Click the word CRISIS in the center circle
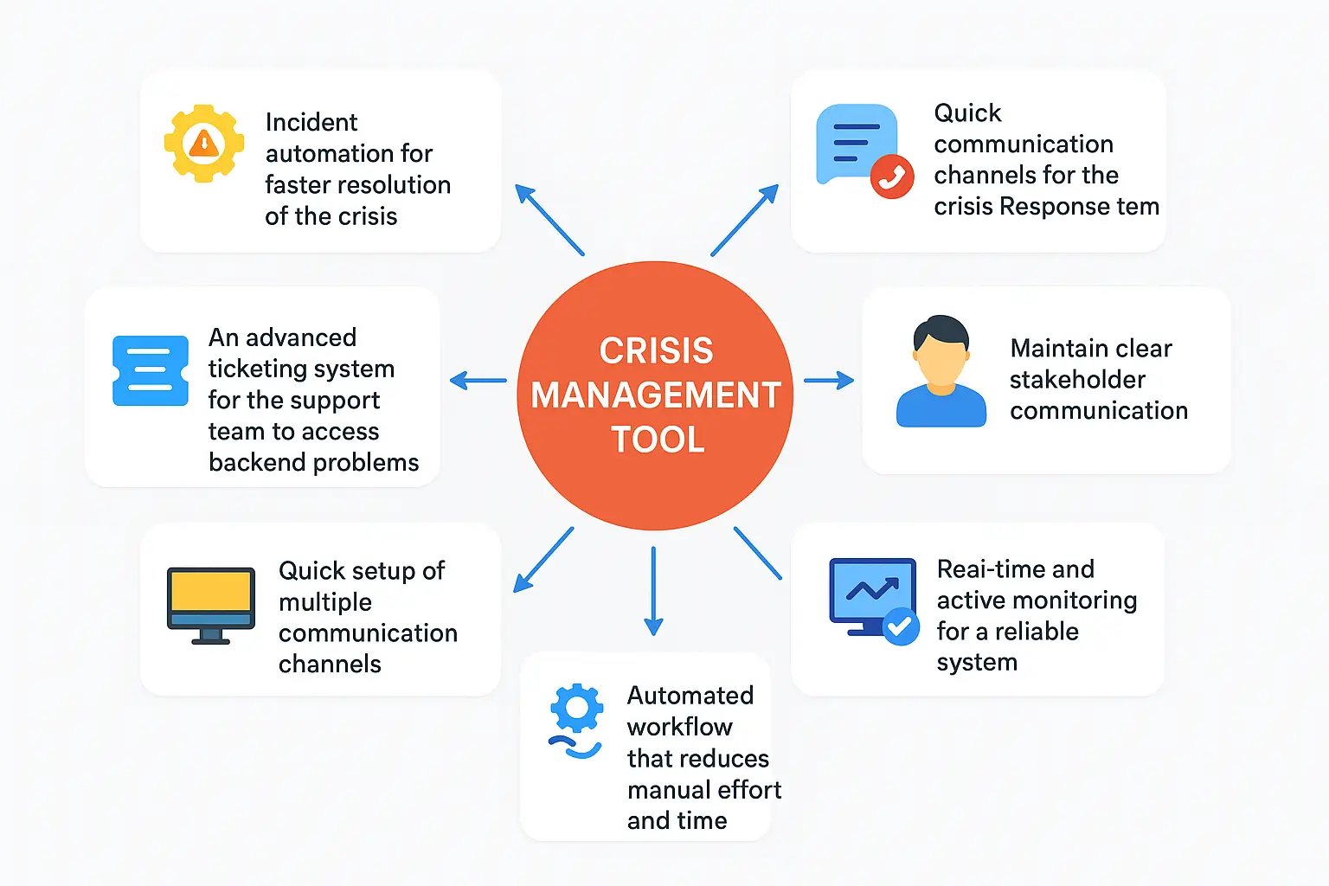click(x=656, y=351)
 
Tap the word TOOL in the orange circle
click(x=658, y=440)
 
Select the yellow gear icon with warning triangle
click(x=204, y=144)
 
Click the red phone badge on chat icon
click(x=891, y=177)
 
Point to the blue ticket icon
click(x=151, y=371)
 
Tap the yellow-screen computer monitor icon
click(x=210, y=604)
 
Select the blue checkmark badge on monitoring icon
click(x=901, y=626)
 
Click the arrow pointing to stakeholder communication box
click(x=828, y=380)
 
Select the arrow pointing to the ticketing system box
click(x=478, y=380)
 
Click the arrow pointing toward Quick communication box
click(x=744, y=220)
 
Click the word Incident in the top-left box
click(x=311, y=122)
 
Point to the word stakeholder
click(x=1077, y=379)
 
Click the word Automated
click(x=690, y=696)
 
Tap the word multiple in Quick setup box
click(x=324, y=602)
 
